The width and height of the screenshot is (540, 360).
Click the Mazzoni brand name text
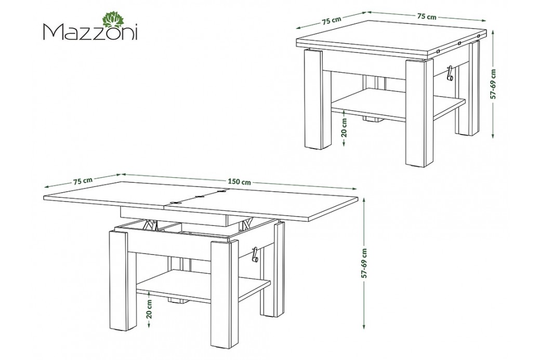click(90, 32)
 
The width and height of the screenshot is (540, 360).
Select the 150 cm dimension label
click(239, 182)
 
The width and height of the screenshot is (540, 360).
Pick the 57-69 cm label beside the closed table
click(494, 84)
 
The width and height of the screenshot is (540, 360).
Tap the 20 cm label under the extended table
click(149, 309)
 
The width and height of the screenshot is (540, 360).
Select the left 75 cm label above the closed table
click(332, 20)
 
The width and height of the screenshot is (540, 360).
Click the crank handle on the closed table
click(449, 74)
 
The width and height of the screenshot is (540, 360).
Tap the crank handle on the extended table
click(256, 255)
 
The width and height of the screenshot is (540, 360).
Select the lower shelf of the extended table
click(204, 286)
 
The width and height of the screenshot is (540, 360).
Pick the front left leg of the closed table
click(314, 99)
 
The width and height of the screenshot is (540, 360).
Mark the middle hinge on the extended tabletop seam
click(199, 197)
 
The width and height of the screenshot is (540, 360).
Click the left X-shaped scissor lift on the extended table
click(149, 224)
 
